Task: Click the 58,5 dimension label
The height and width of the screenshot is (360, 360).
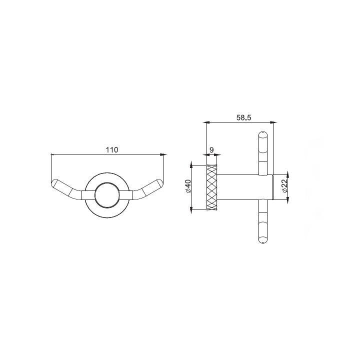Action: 243,117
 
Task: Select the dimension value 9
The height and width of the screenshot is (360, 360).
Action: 212,150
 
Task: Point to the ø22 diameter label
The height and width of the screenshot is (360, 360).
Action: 283,186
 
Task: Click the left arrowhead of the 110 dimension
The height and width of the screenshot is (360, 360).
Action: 53,155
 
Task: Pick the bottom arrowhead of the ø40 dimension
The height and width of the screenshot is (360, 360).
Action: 191,210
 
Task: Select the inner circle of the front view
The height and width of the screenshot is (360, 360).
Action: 107,194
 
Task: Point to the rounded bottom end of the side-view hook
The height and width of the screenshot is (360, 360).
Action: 263,241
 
